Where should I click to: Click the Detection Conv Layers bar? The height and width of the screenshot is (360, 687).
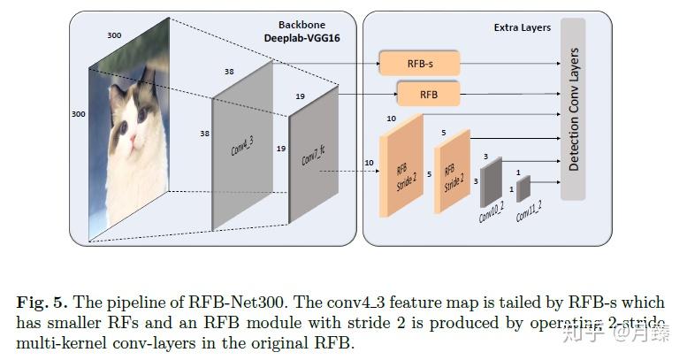[x=574, y=110]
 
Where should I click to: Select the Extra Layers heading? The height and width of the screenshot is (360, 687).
[x=522, y=27]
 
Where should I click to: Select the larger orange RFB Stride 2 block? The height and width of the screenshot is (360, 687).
[x=402, y=168]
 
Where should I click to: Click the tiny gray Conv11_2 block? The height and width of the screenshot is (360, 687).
[x=523, y=188]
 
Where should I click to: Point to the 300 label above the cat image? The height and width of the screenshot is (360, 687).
[x=114, y=34]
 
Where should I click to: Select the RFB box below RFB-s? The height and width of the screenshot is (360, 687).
[x=427, y=94]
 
